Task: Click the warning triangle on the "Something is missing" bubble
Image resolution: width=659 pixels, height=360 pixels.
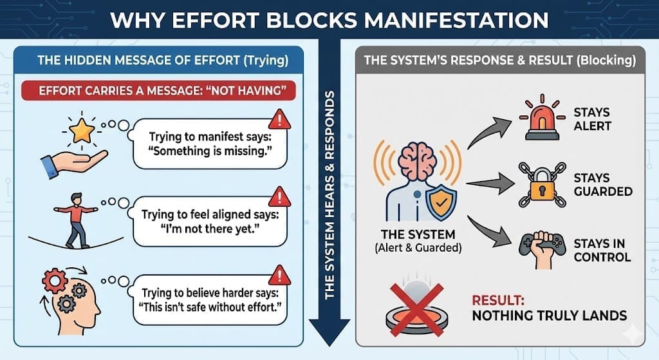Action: [279, 118]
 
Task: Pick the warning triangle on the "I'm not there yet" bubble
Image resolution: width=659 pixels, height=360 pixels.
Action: [279, 196]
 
